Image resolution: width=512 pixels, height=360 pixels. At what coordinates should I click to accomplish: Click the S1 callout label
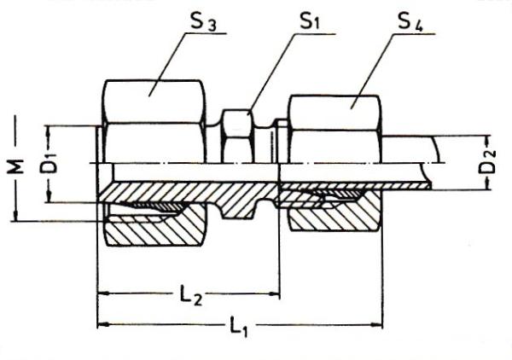pyautogui.click(x=311, y=21)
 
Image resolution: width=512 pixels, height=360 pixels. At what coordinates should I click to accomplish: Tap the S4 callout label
pyautogui.click(x=410, y=22)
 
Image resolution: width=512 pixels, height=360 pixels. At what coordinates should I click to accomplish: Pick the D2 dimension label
pyautogui.click(x=489, y=161)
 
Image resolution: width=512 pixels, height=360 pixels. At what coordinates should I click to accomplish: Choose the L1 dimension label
pyautogui.click(x=238, y=327)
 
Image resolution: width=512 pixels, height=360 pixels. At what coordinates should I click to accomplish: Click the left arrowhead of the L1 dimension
pyautogui.click(x=103, y=325)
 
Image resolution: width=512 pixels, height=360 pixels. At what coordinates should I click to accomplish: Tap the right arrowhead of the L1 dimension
pyautogui.click(x=376, y=325)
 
